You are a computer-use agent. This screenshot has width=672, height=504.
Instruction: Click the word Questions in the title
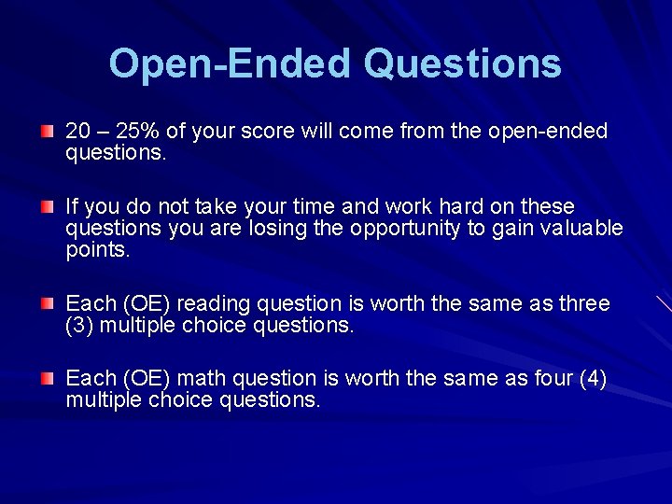click(462, 64)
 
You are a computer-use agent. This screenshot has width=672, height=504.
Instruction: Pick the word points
click(97, 250)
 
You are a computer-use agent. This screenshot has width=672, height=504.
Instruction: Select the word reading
click(213, 304)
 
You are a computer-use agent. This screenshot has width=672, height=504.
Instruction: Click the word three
click(583, 304)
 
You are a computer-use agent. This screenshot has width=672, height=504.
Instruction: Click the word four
click(540, 379)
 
